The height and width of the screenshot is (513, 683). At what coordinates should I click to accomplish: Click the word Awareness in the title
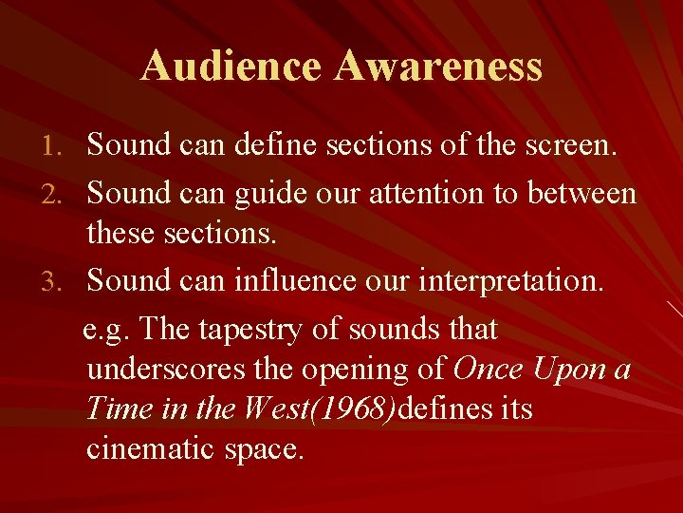pos(438,66)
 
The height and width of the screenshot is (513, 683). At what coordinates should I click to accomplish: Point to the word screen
pos(562,145)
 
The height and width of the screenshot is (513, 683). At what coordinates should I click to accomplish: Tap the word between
pos(581,195)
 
